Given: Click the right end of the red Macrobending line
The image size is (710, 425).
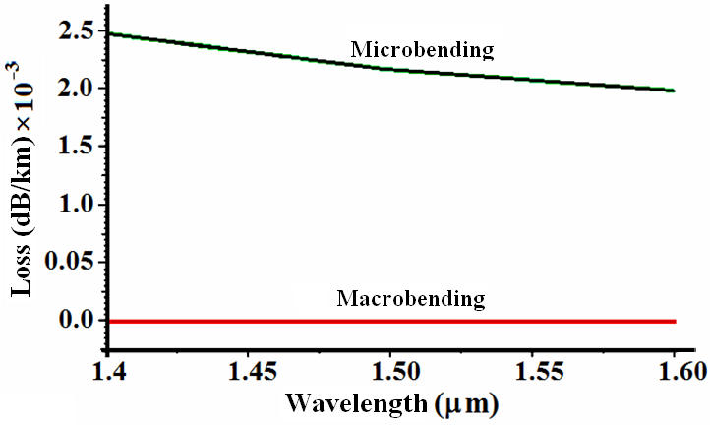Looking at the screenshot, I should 674,321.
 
